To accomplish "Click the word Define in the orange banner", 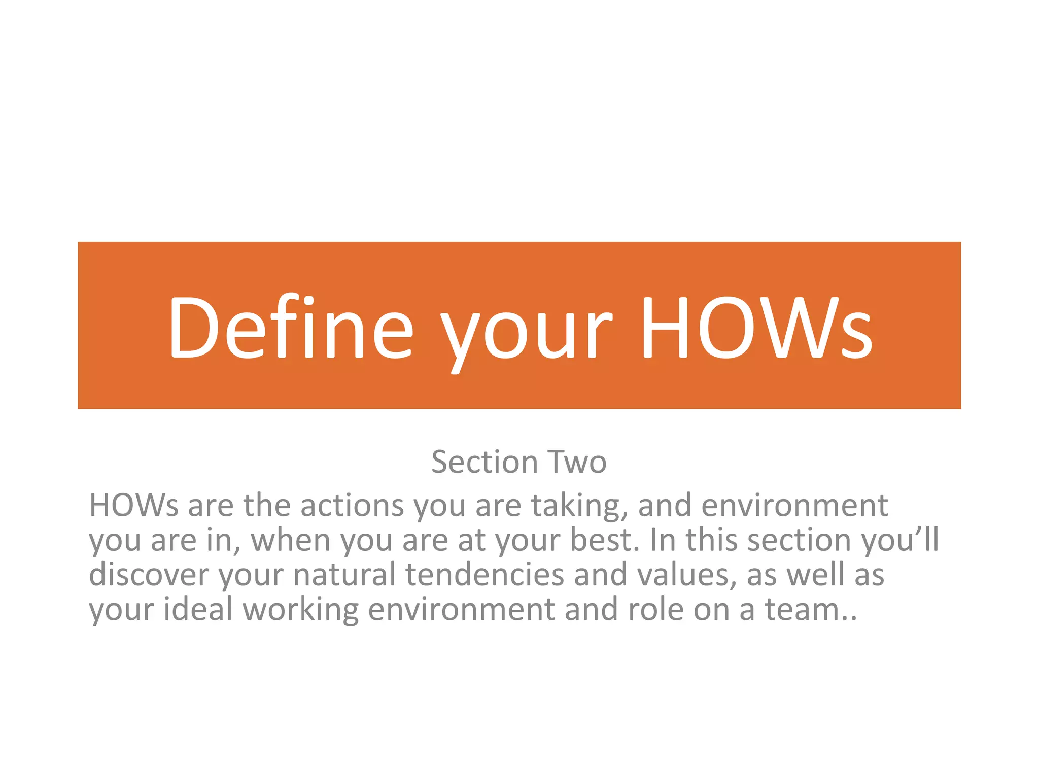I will click(x=291, y=328).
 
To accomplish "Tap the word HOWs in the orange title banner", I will click(x=756, y=328).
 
